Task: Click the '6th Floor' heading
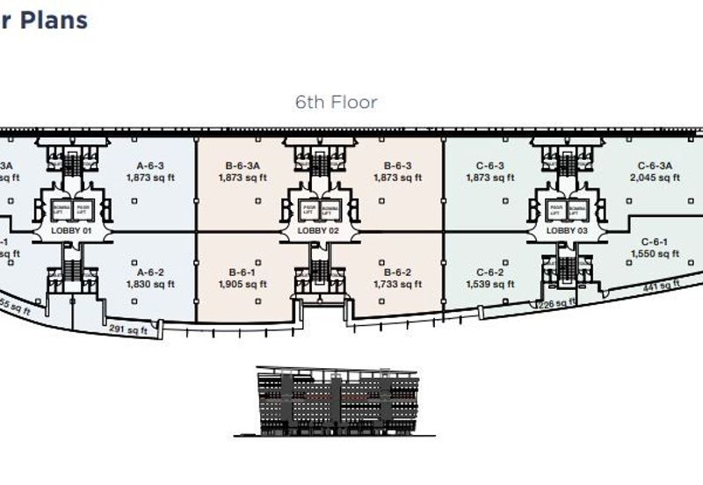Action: click(336, 103)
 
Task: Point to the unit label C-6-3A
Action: click(655, 165)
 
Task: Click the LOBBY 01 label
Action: click(69, 230)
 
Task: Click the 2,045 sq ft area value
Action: click(655, 177)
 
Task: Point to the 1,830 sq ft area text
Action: click(150, 284)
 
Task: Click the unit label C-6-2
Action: click(489, 271)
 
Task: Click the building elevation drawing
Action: click(336, 401)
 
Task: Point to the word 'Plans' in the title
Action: click(54, 19)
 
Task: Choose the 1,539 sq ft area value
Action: click(489, 284)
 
